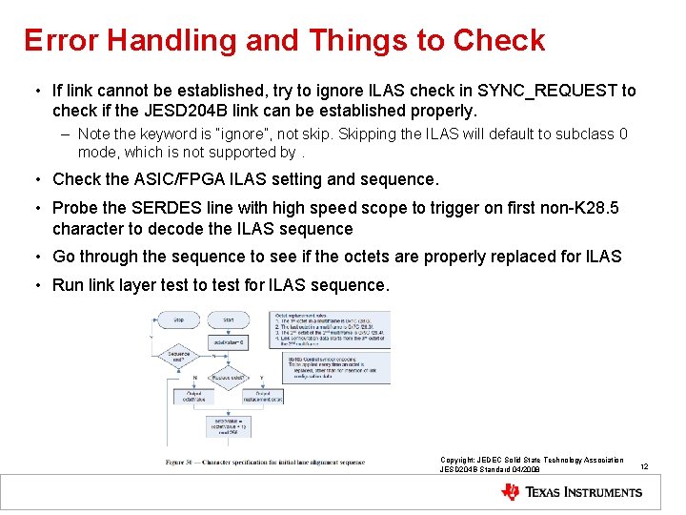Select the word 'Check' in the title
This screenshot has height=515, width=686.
coord(498,40)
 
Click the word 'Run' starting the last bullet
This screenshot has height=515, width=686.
coord(69,285)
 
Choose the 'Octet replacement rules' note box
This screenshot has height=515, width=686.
coord(331,329)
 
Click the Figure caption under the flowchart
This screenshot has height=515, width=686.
coord(264,463)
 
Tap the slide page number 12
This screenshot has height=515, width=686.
coord(644,466)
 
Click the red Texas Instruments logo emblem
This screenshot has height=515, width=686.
coord(511,492)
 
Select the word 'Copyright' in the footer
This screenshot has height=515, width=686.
coord(459,460)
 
